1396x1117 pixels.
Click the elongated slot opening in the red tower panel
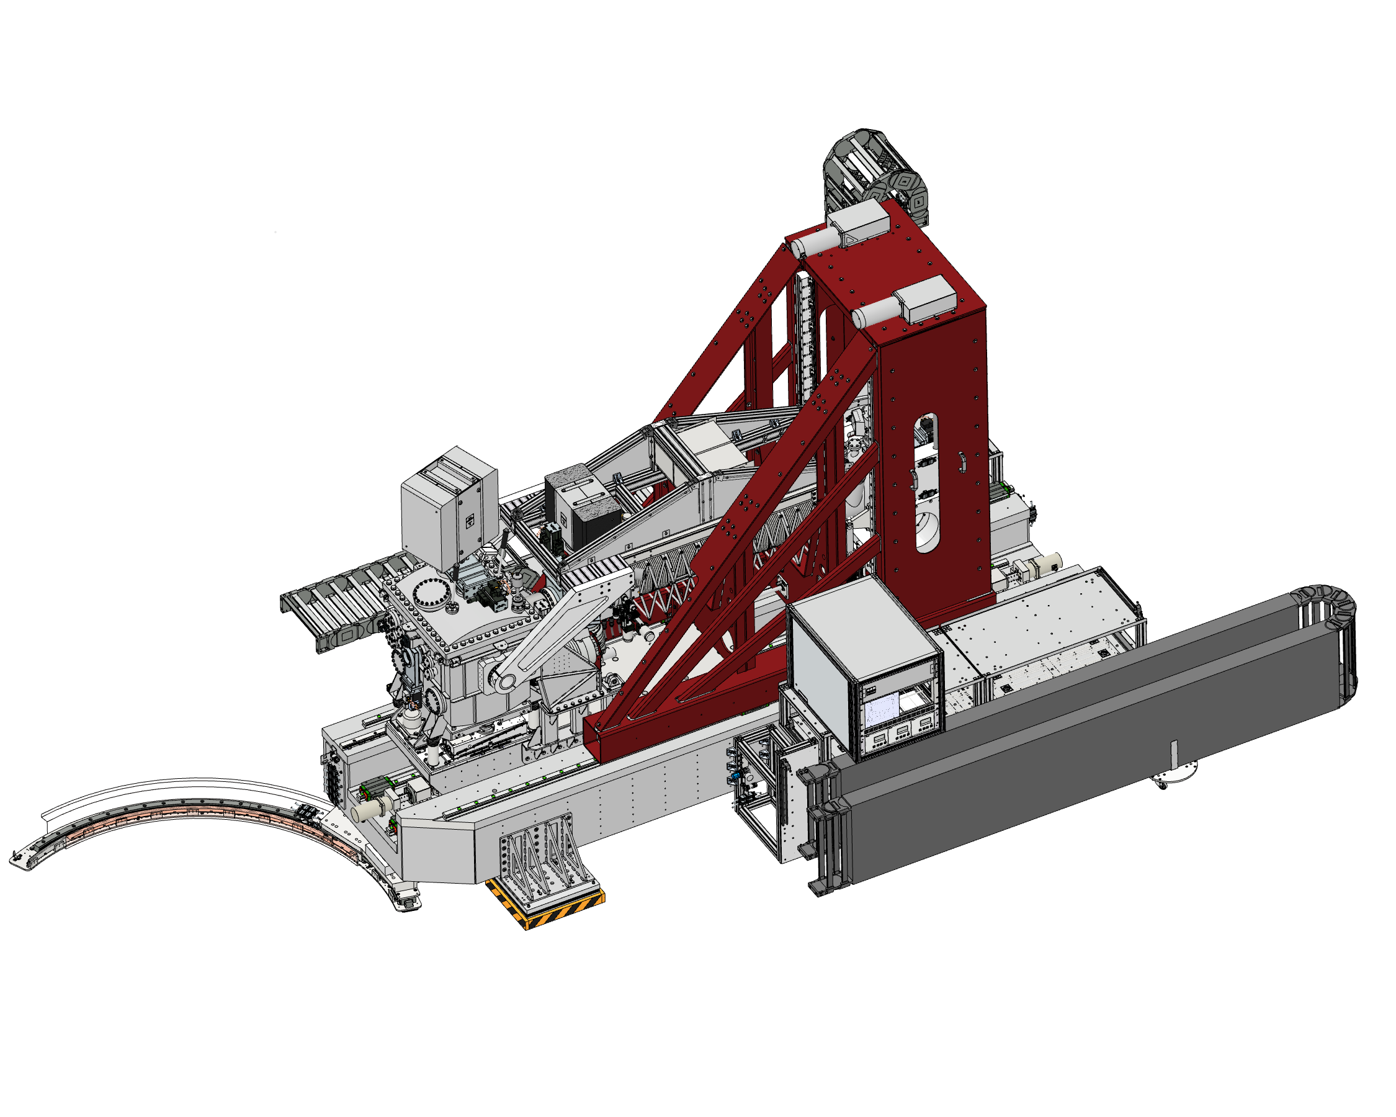tap(926, 482)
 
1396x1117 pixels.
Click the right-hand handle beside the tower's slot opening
tap(963, 463)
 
